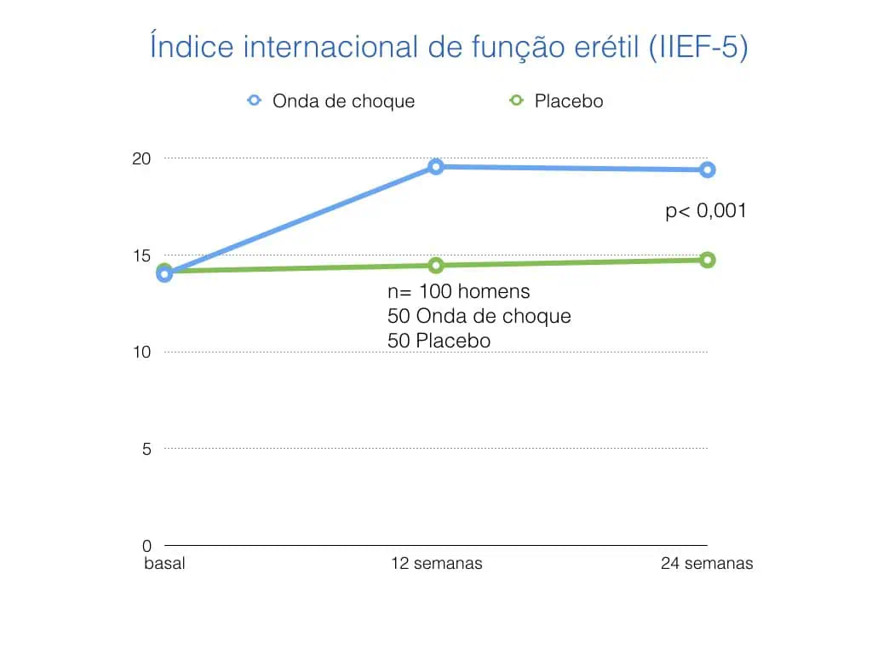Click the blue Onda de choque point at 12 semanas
coord(436,167)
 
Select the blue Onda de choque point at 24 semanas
coord(707,169)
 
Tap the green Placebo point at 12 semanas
coord(436,265)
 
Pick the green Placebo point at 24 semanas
coord(707,260)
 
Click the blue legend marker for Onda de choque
coord(254,100)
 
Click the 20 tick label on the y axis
coord(141,158)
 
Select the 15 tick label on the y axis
coord(141,255)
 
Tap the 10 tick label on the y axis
coord(141,352)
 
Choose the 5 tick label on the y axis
coord(146,449)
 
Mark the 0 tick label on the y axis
coord(146,545)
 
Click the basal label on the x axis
coord(163,564)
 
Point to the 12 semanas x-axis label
coord(436,564)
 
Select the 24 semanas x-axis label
coord(707,564)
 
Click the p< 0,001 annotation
coord(705,211)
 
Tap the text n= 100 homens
coord(458,292)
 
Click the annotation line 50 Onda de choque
coord(479,317)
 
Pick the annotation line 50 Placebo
coord(439,341)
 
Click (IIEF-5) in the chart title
coord(697,47)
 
